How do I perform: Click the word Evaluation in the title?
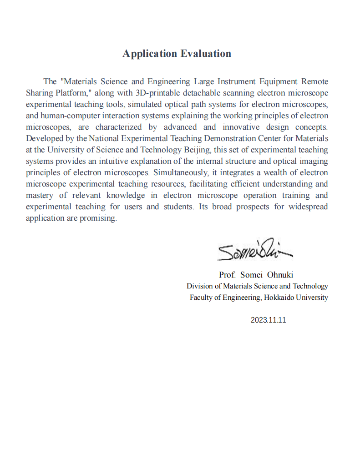pos(206,54)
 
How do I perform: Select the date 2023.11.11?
pos(268,320)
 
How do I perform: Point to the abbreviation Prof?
pos(228,275)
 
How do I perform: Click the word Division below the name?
pos(199,286)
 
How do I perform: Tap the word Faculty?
pos(202,298)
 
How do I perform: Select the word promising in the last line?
pos(101,218)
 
